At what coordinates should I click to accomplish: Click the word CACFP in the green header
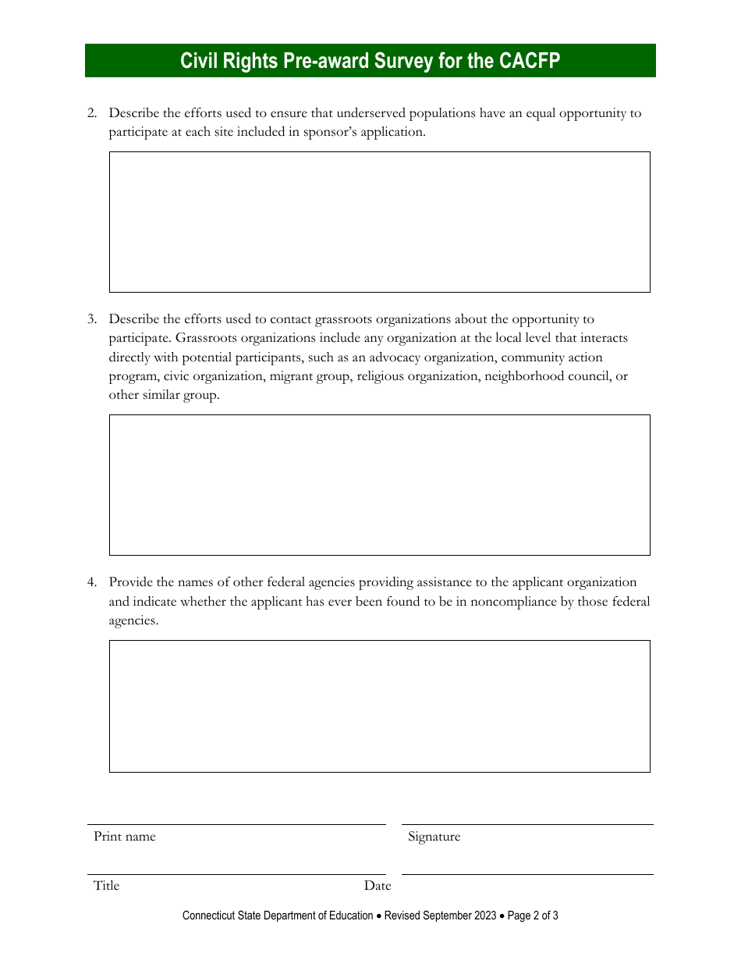point(530,61)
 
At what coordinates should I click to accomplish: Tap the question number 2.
point(91,113)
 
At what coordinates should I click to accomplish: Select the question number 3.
point(91,319)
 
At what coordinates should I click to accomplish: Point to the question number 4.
point(91,582)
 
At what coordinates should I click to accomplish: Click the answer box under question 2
point(379,222)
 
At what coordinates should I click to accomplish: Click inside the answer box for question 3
point(379,485)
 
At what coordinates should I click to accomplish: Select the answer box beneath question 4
point(379,706)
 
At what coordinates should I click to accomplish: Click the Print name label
point(125,837)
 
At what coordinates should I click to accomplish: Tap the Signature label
point(434,837)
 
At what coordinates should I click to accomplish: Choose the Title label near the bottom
point(106,886)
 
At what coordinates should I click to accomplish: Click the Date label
point(378,886)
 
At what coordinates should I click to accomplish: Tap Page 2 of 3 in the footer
point(533,916)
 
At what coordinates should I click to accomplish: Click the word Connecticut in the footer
point(208,916)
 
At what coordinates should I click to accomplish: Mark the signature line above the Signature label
point(527,824)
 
